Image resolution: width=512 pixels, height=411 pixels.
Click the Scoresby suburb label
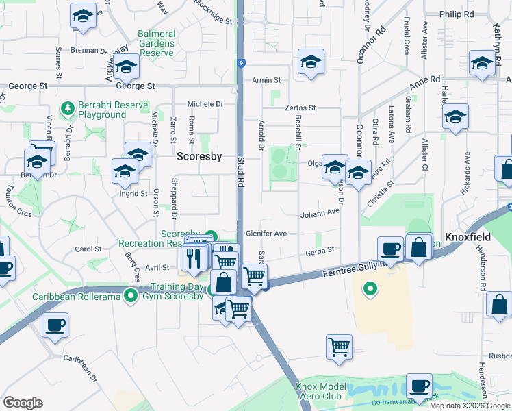click(x=199, y=156)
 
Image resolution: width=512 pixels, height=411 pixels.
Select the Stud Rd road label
click(x=241, y=172)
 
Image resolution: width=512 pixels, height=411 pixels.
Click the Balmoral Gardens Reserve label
click(x=156, y=42)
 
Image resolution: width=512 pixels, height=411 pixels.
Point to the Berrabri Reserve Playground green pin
click(x=67, y=108)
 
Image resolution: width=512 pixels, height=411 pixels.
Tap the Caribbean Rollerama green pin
click(x=130, y=296)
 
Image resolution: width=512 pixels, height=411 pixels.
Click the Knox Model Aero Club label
click(x=328, y=392)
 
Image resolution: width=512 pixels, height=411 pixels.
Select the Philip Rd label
click(x=457, y=14)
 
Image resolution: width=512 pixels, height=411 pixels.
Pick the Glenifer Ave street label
click(x=266, y=234)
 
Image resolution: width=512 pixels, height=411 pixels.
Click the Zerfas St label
click(x=300, y=108)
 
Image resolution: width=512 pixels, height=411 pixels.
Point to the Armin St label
click(x=267, y=80)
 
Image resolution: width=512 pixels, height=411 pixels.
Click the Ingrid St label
click(x=134, y=194)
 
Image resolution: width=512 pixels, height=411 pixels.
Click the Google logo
click(x=23, y=403)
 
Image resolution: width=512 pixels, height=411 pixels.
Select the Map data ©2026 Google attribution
click(x=470, y=406)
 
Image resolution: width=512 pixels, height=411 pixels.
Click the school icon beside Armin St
click(x=311, y=63)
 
